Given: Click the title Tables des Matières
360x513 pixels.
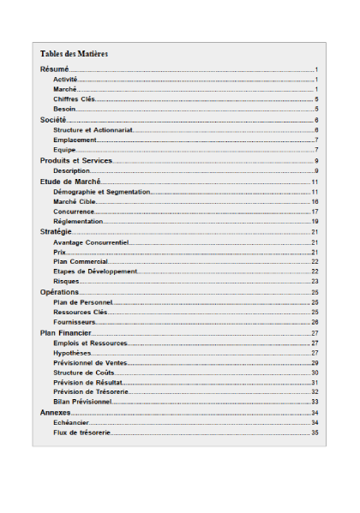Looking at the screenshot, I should click(x=74, y=54).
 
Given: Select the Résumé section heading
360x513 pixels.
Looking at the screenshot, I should click(x=55, y=69).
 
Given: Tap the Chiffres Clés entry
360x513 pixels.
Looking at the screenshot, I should click(x=74, y=99).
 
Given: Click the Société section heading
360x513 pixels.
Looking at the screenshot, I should click(x=55, y=120).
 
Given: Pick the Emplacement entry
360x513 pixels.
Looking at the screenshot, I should click(x=74, y=140).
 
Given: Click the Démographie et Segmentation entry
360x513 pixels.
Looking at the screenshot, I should click(x=101, y=192).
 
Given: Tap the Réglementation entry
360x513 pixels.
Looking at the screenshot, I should click(x=78, y=222).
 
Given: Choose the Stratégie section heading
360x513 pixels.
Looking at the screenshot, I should click(x=57, y=232).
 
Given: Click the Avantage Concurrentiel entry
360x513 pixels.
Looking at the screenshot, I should click(x=91, y=242).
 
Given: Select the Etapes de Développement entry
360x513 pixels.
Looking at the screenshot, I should click(x=94, y=271).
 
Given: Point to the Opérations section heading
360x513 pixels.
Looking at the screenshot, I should click(x=60, y=292).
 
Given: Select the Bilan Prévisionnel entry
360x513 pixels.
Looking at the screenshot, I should click(x=82, y=402).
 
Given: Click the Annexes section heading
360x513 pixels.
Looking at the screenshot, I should click(x=56, y=413).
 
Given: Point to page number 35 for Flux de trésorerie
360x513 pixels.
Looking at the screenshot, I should click(x=315, y=433).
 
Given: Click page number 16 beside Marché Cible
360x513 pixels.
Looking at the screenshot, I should click(x=315, y=201).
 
